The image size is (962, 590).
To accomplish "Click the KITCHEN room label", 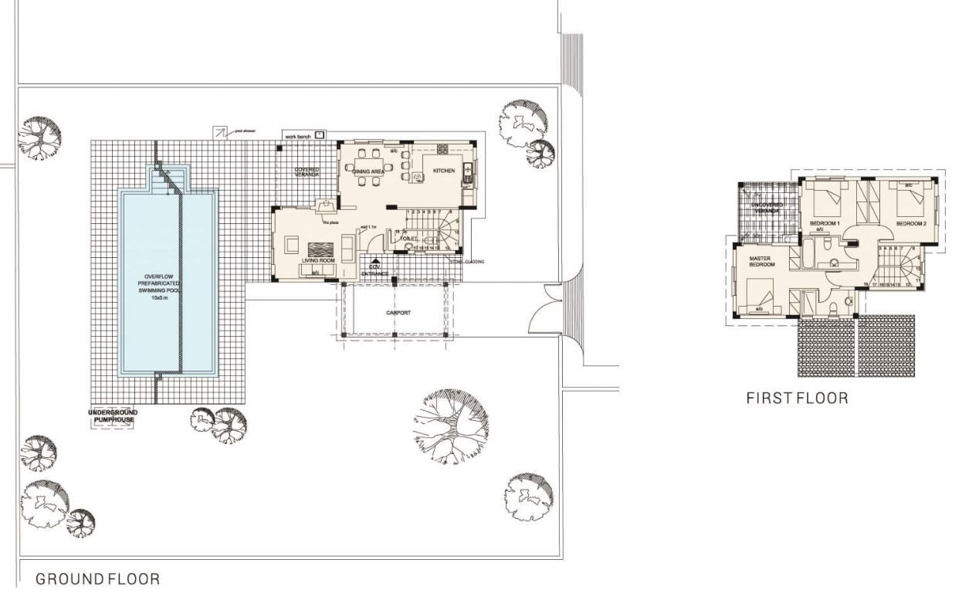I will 442,171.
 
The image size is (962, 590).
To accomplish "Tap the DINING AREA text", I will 369,171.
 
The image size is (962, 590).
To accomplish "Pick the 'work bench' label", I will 297,136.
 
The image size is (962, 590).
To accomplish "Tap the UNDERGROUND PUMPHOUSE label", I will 113,416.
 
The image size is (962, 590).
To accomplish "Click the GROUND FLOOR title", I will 98,578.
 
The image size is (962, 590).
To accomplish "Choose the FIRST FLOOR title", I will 797,398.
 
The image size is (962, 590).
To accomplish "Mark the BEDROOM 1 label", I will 824,224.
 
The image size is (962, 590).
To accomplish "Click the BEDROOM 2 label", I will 910,224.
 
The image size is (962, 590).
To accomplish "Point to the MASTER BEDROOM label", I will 762,261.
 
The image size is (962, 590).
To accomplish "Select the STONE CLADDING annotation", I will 469,262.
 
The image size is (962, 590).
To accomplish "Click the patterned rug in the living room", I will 321,249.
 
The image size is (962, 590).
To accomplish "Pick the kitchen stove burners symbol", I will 443,149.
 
